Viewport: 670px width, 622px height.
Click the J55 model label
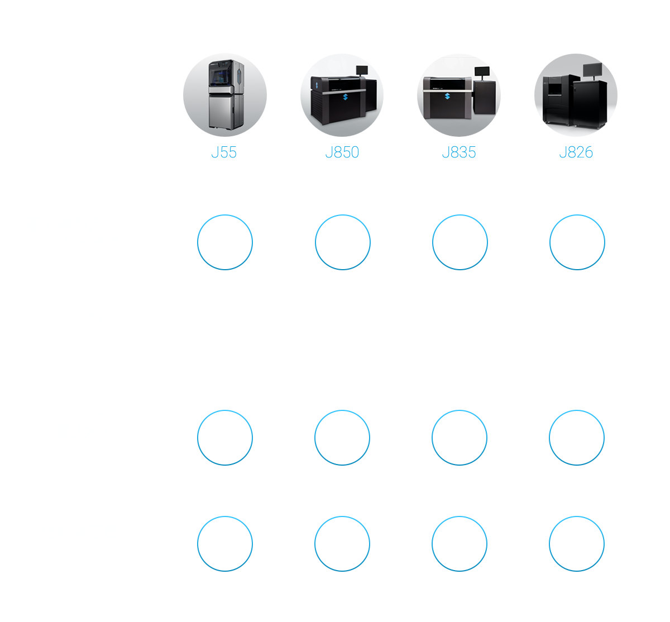click(x=224, y=152)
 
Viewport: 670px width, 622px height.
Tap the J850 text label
click(x=342, y=152)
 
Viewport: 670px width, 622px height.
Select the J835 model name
click(x=459, y=152)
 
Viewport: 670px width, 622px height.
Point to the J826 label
click(x=576, y=152)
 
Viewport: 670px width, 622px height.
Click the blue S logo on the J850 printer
click(x=345, y=97)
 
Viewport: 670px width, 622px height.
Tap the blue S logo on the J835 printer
click(x=447, y=96)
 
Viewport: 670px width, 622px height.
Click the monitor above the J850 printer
click(x=362, y=70)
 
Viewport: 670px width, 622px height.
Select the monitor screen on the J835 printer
click(x=482, y=71)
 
